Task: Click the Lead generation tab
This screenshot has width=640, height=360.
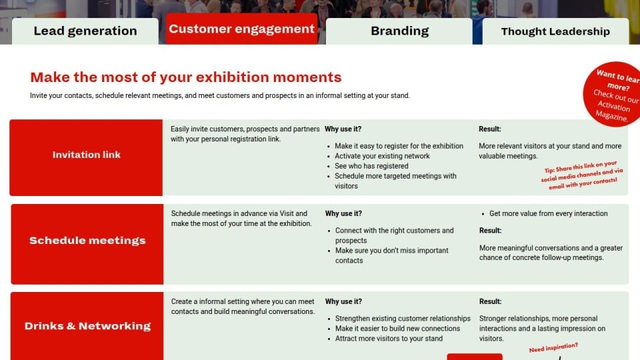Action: point(85,31)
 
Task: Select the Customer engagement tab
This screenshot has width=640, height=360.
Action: point(241,29)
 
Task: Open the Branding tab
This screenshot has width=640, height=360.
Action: point(399,31)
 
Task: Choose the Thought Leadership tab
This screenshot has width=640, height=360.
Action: point(555,31)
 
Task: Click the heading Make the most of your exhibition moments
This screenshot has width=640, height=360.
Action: point(186,77)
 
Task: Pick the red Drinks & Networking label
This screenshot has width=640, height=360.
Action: point(87,326)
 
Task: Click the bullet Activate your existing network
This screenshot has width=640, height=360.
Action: point(382,156)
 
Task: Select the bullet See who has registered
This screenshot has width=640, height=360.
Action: point(371,166)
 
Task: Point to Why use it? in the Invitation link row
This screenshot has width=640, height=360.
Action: point(343,129)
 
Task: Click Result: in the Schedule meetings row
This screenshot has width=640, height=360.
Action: point(490,231)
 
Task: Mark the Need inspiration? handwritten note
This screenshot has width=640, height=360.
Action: point(553,347)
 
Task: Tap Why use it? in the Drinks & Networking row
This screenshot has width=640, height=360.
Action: point(343,301)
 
